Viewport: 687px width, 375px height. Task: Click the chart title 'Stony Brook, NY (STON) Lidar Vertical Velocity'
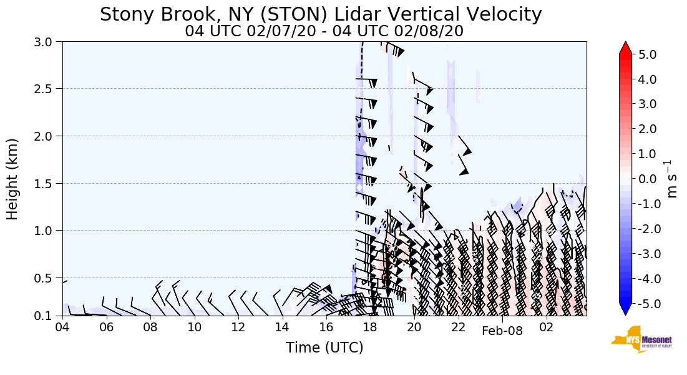tap(321, 14)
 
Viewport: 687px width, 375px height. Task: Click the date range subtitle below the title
tap(324, 31)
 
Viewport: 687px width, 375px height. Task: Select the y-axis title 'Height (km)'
tap(12, 179)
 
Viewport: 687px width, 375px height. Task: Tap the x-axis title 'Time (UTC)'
tap(324, 347)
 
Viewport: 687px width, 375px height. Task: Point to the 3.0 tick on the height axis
tap(49, 42)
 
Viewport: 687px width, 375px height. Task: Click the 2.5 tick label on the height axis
tap(49, 89)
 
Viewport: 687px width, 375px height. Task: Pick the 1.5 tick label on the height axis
tap(49, 183)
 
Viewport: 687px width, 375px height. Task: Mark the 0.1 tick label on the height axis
tap(49, 316)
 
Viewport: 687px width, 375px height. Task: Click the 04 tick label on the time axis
tap(62, 327)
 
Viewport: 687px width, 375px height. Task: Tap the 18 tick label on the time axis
tap(370, 327)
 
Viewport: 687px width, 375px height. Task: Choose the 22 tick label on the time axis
tap(458, 327)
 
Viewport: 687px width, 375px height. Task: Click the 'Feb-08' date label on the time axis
tap(502, 331)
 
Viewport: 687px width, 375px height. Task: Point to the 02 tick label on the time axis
tap(546, 327)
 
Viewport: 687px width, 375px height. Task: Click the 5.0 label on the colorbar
tap(648, 54)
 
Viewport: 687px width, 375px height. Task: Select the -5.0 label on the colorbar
tap(646, 304)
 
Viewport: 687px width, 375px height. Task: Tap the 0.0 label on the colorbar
tap(648, 179)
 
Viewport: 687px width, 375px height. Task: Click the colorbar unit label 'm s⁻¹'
tap(672, 179)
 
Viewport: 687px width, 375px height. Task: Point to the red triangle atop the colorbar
tap(626, 48)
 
